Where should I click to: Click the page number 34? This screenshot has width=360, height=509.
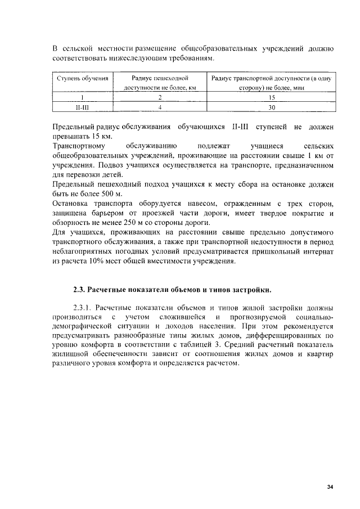click(330, 487)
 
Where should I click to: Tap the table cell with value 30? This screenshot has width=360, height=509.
click(272, 107)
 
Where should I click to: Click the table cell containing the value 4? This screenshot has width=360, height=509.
click(160, 107)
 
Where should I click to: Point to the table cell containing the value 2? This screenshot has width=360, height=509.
click(160, 97)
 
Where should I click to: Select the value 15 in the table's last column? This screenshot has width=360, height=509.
click(272, 97)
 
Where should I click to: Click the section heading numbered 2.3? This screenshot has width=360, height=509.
click(172, 290)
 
